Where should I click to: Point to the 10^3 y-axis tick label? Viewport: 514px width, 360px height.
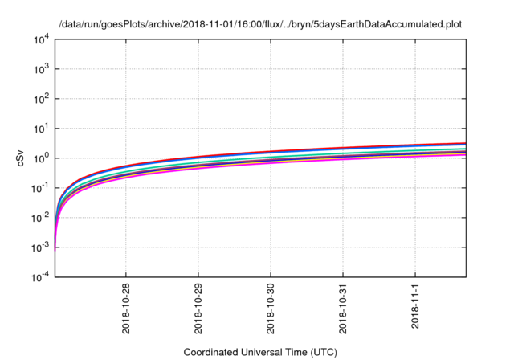(x=41, y=68)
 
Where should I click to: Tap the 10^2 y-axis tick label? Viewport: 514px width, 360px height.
(x=41, y=98)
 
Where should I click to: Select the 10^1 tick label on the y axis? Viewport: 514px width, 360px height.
(x=41, y=128)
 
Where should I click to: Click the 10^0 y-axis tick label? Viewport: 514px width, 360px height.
(x=41, y=157)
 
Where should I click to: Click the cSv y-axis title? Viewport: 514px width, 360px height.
(x=22, y=157)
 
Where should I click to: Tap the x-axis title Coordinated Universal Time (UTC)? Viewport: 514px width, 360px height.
(x=259, y=352)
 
